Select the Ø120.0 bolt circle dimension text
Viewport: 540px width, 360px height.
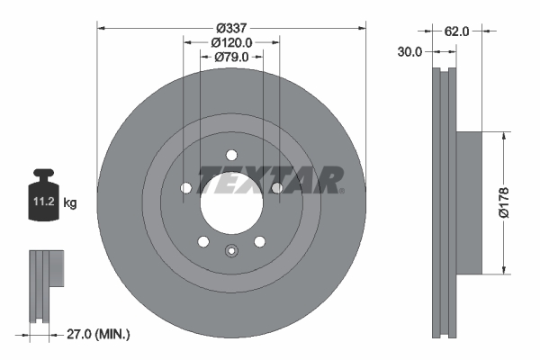pos(231,41)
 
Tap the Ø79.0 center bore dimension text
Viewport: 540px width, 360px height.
pos(231,58)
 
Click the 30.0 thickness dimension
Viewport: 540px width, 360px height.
pos(410,52)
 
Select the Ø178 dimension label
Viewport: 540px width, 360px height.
pos(509,202)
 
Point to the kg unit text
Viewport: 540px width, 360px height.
pos(70,203)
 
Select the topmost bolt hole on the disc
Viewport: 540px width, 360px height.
pos(231,154)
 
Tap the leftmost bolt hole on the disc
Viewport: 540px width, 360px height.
pos(186,187)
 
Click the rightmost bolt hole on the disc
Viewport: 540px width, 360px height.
pos(276,187)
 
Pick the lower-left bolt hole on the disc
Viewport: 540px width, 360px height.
pos(203,240)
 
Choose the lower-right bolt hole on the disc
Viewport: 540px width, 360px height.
pos(259,240)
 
